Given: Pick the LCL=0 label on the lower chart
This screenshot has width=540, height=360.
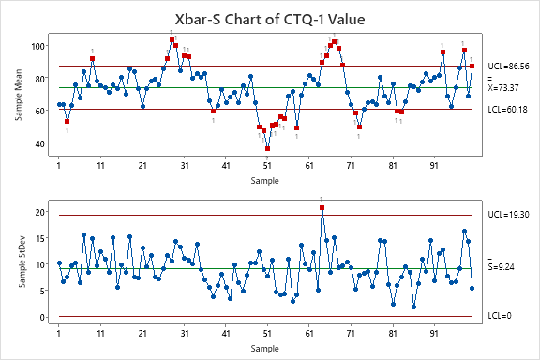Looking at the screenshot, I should click(502, 317).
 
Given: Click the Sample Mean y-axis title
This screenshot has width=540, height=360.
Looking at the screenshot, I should click(20, 95).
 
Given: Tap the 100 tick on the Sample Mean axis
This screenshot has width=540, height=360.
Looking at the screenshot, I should click(41, 46).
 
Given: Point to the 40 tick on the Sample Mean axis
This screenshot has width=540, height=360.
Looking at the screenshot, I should click(43, 143).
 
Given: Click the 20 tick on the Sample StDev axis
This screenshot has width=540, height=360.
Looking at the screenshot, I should click(43, 212).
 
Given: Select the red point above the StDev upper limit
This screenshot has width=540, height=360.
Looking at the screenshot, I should click(322, 207).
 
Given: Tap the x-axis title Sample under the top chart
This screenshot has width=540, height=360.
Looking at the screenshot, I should click(268, 179).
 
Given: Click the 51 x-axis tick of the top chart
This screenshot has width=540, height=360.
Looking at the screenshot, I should click(267, 166).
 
